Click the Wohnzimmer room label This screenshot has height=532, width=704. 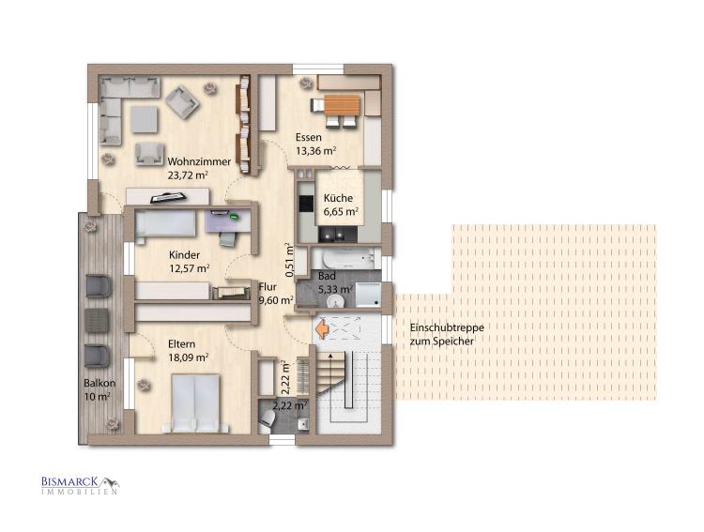click(x=199, y=161)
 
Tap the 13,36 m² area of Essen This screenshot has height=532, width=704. click(x=316, y=151)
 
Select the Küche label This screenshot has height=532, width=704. click(x=338, y=198)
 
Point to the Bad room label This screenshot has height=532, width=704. click(x=327, y=276)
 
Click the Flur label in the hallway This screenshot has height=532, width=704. click(x=268, y=287)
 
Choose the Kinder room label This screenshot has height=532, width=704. click(x=185, y=255)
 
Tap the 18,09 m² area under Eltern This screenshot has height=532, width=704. click(x=189, y=357)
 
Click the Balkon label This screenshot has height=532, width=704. click(x=99, y=384)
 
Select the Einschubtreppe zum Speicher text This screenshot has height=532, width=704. click(x=447, y=334)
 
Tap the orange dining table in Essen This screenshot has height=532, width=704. click(x=342, y=106)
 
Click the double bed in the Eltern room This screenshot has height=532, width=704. click(x=195, y=403)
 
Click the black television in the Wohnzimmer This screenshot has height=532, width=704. click(x=168, y=197)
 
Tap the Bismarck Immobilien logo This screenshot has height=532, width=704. click(x=81, y=485)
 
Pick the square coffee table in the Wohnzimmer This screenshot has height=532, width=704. click(x=145, y=119)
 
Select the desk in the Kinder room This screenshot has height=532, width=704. click(x=228, y=220)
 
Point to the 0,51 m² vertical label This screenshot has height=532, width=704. click(x=289, y=260)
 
